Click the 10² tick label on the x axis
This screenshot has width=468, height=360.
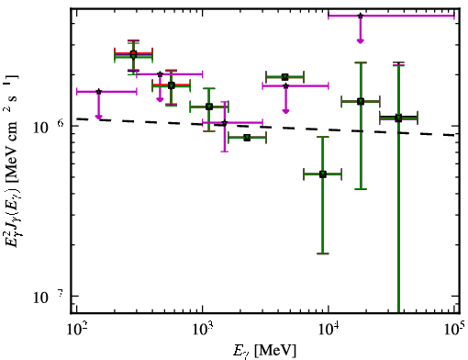[x=76, y=331]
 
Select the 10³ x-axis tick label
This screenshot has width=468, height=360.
[x=202, y=331]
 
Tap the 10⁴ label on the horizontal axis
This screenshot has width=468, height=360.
[x=329, y=331]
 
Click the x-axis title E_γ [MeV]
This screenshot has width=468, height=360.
[x=264, y=351]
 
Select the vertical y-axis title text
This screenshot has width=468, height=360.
[x=12, y=161]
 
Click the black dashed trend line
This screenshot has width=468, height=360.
[x=265, y=127]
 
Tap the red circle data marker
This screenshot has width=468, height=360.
[x=133, y=53]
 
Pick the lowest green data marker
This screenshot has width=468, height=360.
[x=322, y=174]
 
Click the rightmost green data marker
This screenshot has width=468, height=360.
[x=398, y=118]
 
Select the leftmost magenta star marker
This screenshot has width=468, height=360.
[x=98, y=92]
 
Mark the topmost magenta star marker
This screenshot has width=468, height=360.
[x=361, y=16]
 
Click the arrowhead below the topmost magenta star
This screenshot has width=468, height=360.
[x=361, y=40]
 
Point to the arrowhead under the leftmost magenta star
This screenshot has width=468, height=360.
[x=98, y=117]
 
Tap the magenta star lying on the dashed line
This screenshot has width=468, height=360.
[x=225, y=123]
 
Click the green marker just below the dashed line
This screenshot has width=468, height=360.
[x=247, y=138]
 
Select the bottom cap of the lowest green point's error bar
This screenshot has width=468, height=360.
[x=322, y=253]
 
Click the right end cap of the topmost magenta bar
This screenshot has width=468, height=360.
[x=454, y=16]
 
